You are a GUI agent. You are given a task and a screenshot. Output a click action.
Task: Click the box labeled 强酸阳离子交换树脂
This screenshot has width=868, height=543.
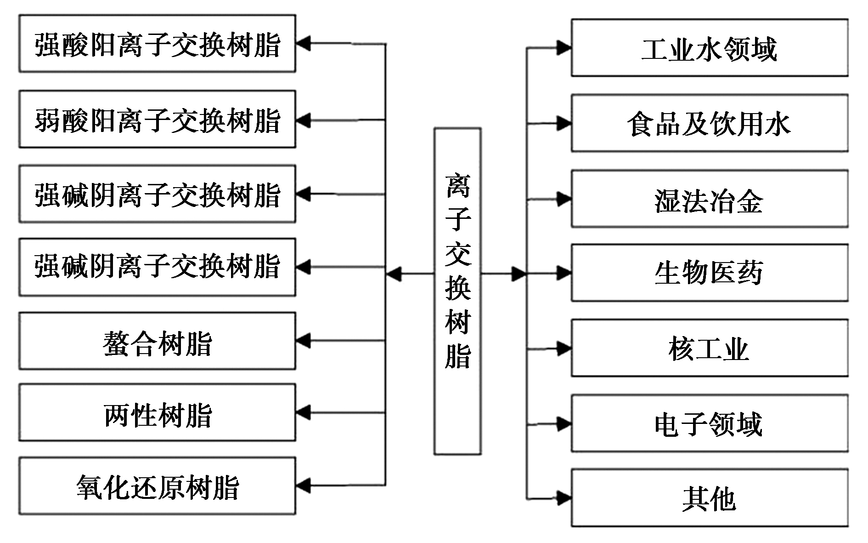pyautogui.click(x=157, y=44)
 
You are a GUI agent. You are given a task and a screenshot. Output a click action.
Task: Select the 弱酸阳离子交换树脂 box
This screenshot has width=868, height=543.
pyautogui.click(x=157, y=119)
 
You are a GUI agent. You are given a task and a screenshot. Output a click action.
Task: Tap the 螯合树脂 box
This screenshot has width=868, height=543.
pyautogui.click(x=157, y=341)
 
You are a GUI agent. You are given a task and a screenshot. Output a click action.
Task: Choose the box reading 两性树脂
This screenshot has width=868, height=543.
pyautogui.click(x=157, y=412)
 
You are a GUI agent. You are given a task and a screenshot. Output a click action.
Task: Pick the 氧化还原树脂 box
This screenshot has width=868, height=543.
pyautogui.click(x=157, y=486)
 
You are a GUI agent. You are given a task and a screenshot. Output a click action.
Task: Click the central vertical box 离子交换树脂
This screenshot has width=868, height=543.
pyautogui.click(x=458, y=292)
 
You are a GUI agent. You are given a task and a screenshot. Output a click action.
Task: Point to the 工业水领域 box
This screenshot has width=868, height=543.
pyautogui.click(x=710, y=47)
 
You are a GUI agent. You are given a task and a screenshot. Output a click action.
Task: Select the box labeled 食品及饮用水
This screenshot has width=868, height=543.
pyautogui.click(x=710, y=123)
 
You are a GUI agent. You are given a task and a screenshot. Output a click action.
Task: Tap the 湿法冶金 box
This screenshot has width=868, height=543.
pyautogui.click(x=710, y=199)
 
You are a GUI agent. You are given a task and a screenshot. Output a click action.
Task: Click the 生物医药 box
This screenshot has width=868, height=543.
pyautogui.click(x=710, y=273)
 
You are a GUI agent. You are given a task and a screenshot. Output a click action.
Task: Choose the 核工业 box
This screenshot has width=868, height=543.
pyautogui.click(x=710, y=348)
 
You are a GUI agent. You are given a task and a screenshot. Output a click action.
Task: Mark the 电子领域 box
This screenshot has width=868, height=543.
pyautogui.click(x=710, y=423)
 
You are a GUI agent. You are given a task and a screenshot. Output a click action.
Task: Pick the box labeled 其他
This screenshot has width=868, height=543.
pyautogui.click(x=710, y=497)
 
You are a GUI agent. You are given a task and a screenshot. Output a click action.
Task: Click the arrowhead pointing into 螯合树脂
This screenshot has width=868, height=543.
pyautogui.click(x=303, y=341)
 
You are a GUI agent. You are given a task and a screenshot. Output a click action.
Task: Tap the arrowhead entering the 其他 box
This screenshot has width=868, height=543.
pyautogui.click(x=564, y=497)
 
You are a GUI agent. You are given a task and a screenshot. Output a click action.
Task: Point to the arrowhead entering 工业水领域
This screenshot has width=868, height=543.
pyautogui.click(x=564, y=47)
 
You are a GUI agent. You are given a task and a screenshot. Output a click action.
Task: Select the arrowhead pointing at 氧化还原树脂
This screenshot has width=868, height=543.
pyautogui.click(x=303, y=486)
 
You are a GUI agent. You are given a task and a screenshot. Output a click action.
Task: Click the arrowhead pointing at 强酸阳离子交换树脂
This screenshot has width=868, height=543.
pyautogui.click(x=303, y=44)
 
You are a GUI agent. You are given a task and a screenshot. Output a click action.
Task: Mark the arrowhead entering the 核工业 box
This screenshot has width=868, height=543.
pyautogui.click(x=564, y=349)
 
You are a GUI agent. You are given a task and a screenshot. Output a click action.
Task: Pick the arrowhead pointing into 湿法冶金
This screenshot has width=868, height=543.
pyautogui.click(x=564, y=199)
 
